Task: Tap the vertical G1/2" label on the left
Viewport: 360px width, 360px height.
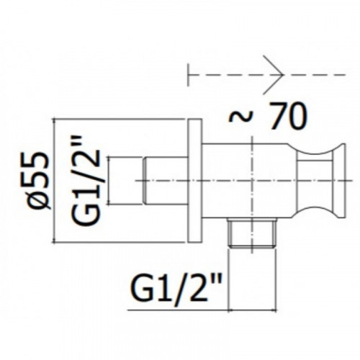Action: [86, 181]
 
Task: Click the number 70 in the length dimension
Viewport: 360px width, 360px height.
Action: [287, 116]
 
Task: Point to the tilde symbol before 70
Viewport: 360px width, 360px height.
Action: [241, 117]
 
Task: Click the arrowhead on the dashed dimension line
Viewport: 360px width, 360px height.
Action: [274, 74]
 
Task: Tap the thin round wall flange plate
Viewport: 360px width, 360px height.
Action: [194, 181]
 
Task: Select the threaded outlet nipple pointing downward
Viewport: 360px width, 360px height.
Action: [251, 233]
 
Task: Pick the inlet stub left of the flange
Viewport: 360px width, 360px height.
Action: [166, 181]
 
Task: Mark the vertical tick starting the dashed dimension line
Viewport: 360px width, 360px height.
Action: [189, 75]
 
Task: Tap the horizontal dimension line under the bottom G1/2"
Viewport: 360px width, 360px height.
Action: [202, 310]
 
